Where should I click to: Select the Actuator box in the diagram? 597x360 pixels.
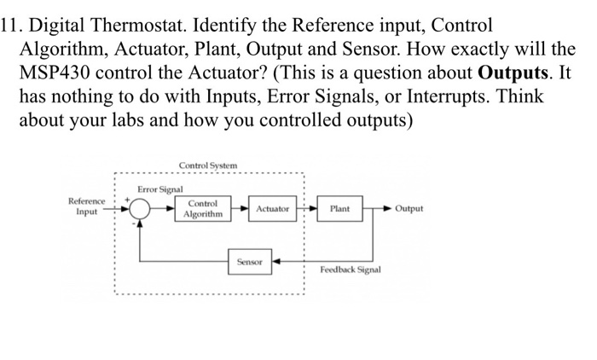[272, 208]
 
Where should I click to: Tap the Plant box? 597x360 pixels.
[339, 208]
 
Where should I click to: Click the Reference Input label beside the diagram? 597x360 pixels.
[87, 206]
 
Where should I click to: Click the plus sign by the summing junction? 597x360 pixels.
[129, 198]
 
